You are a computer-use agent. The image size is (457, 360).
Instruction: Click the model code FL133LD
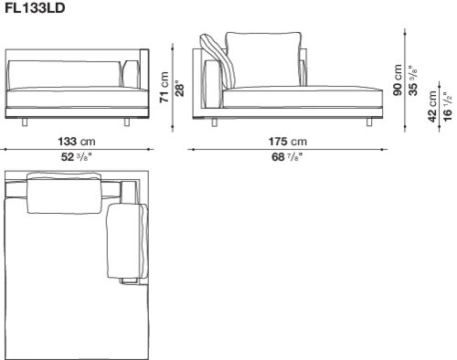pos(35,7)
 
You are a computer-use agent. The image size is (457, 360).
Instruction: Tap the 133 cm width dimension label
pos(77,142)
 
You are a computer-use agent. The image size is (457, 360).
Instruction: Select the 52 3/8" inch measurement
pos(77,157)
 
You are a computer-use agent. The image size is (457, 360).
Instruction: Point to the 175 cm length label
pos(287,142)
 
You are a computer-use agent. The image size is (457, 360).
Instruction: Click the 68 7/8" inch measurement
pos(287,157)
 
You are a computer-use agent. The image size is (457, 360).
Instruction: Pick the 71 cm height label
pos(165,87)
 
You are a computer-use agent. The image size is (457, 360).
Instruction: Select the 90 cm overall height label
pos(398,79)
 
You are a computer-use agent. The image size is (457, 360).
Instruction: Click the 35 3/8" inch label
pos(413,80)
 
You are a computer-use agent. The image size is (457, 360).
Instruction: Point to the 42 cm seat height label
pos(432,106)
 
